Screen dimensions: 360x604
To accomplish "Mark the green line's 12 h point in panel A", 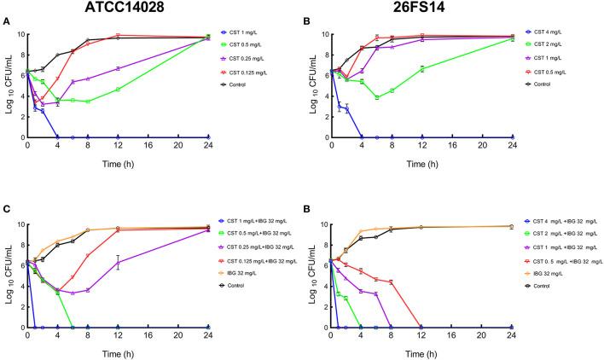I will coord(119,89).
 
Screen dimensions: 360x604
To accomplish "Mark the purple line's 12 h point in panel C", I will coord(119,262).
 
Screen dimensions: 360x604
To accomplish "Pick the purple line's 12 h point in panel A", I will coord(119,68).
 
